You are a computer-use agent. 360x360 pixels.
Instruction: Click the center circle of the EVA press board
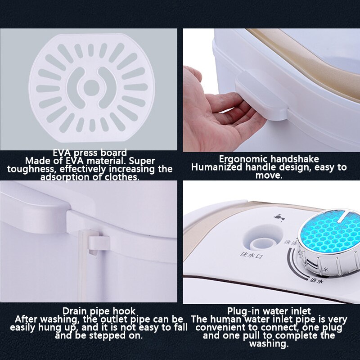coord(91,86)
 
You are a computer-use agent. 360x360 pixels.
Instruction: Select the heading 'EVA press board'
coord(90,153)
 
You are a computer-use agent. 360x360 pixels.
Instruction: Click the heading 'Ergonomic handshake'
coord(269,159)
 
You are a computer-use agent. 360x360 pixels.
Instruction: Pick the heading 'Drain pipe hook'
coord(99,311)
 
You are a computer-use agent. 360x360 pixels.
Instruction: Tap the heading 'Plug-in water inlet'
coord(269,311)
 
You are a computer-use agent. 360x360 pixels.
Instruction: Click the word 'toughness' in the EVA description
coord(31,169)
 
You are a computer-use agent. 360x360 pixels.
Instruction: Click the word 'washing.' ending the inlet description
coord(269,344)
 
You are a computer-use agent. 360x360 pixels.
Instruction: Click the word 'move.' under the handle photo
coord(269,175)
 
